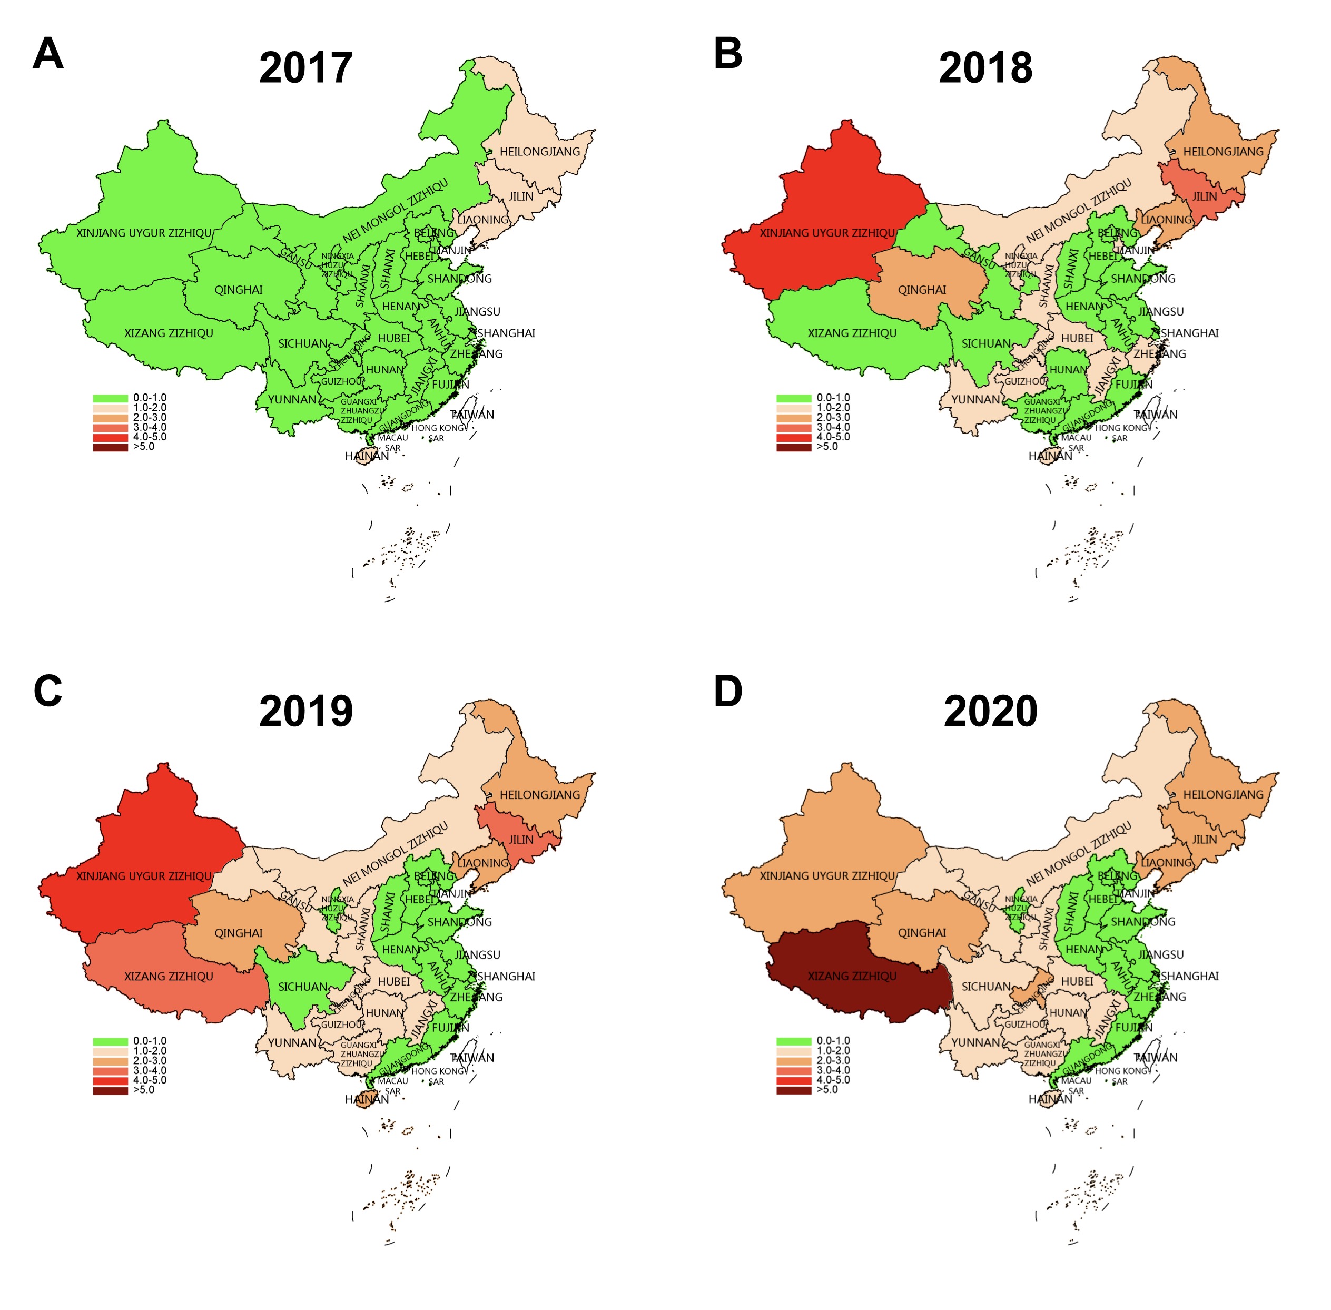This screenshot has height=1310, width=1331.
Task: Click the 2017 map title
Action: click(305, 68)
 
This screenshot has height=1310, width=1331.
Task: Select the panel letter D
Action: click(728, 692)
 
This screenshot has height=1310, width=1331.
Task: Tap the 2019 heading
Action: click(305, 712)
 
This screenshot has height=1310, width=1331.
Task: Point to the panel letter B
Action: click(728, 54)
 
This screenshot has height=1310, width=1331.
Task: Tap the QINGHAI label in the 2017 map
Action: click(238, 290)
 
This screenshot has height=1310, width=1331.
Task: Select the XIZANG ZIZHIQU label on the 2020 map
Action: click(852, 976)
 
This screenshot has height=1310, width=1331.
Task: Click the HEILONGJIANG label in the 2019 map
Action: click(539, 795)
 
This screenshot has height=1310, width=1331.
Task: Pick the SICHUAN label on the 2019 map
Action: click(303, 987)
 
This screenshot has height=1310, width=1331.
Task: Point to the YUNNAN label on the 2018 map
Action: click(975, 400)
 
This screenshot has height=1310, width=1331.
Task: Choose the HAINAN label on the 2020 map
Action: click(1050, 1099)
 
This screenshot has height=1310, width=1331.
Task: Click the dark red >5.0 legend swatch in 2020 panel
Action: click(793, 1090)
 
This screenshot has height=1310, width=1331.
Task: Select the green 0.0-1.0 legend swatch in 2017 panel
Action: click(110, 398)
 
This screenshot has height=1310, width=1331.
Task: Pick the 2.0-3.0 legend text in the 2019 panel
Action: click(149, 1061)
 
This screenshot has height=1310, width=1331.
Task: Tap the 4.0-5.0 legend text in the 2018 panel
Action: click(833, 437)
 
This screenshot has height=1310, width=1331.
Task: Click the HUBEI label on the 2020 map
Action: click(1077, 982)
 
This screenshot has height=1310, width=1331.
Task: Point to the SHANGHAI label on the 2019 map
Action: click(506, 976)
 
